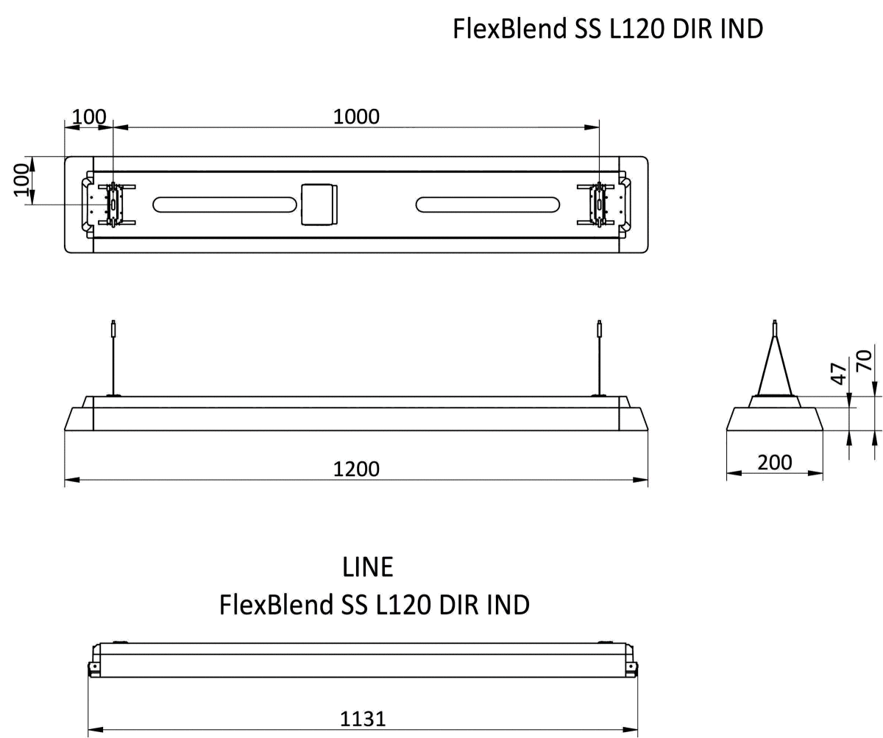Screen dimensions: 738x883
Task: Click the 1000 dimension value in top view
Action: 356,116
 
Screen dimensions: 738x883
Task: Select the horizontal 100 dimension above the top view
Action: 89,116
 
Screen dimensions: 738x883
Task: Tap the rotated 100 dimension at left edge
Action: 22,180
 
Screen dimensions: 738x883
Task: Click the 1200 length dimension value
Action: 356,469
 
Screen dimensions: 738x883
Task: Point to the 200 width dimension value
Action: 775,462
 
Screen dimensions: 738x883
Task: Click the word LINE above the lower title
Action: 367,567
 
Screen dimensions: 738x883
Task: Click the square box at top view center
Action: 319,204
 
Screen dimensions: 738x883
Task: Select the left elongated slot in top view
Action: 222,205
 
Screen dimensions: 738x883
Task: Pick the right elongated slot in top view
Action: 486,205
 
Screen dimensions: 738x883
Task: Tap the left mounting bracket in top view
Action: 113,204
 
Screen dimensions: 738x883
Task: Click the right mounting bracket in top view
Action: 600,204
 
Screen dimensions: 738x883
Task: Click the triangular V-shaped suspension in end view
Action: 774,366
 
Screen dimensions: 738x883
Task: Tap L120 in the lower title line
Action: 405,605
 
